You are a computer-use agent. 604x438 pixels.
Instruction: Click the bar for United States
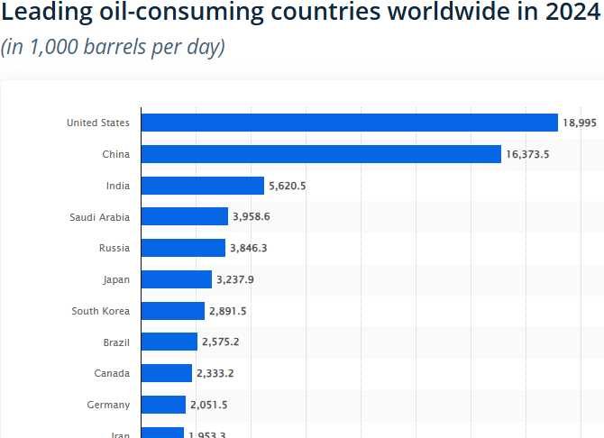(x=350, y=123)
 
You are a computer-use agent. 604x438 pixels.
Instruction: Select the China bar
(x=321, y=154)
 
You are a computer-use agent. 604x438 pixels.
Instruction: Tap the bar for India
(x=203, y=186)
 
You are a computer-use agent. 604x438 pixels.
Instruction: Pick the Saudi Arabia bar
(x=185, y=216)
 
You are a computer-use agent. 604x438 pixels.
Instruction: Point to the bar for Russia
(x=183, y=248)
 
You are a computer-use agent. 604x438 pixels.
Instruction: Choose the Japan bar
(x=177, y=279)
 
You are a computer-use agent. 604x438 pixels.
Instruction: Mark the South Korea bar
(x=173, y=311)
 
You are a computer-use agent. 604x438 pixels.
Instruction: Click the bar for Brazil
(x=169, y=342)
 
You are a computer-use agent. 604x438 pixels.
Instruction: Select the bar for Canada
(x=167, y=373)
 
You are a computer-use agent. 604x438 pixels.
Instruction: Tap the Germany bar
(x=163, y=405)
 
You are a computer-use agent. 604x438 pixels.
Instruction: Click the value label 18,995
(x=580, y=123)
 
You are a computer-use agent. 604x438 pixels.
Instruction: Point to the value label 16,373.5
(x=527, y=154)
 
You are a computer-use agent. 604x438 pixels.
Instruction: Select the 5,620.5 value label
(x=288, y=186)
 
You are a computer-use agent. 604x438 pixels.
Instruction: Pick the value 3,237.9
(x=235, y=279)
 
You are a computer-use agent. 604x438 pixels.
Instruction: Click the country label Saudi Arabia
(x=99, y=216)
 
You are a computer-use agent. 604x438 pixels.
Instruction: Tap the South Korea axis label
(x=100, y=311)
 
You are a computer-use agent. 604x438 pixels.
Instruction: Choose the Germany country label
(x=108, y=405)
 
